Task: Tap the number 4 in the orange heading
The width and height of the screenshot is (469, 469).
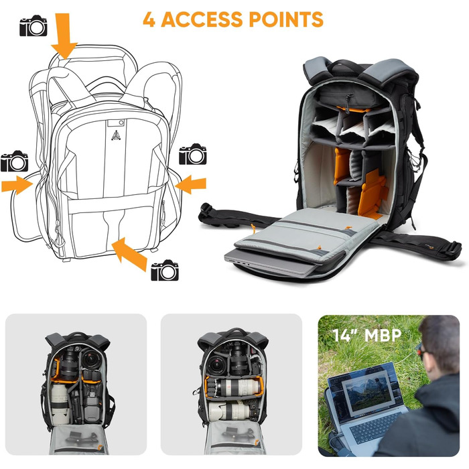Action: [149, 19]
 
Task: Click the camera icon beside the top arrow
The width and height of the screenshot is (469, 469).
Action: [33, 27]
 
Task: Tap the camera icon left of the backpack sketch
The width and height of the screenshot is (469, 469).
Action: [14, 161]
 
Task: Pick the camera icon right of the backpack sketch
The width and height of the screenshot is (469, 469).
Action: [193, 155]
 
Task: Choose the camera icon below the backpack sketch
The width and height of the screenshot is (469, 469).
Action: [165, 271]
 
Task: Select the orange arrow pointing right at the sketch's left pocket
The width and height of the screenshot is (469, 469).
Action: [16, 184]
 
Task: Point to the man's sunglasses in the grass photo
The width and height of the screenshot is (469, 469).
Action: [420, 350]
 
